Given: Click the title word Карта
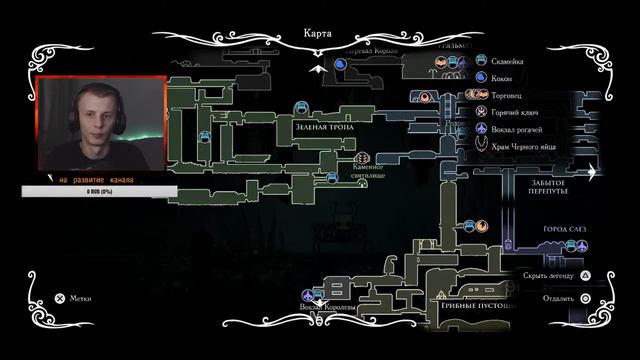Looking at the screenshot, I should pos(319,31).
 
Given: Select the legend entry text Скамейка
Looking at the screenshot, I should pos(512,59).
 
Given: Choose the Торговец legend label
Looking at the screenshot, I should pos(511,94).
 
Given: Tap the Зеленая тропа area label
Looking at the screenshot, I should pos(321,128).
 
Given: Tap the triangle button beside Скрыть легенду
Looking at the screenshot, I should pos(586,274).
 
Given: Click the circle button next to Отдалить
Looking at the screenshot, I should pos(586,298).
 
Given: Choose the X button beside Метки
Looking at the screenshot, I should pos(59,297).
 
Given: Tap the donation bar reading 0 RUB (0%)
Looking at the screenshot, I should pos(97,191).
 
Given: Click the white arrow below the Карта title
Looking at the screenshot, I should pos(319,68).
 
